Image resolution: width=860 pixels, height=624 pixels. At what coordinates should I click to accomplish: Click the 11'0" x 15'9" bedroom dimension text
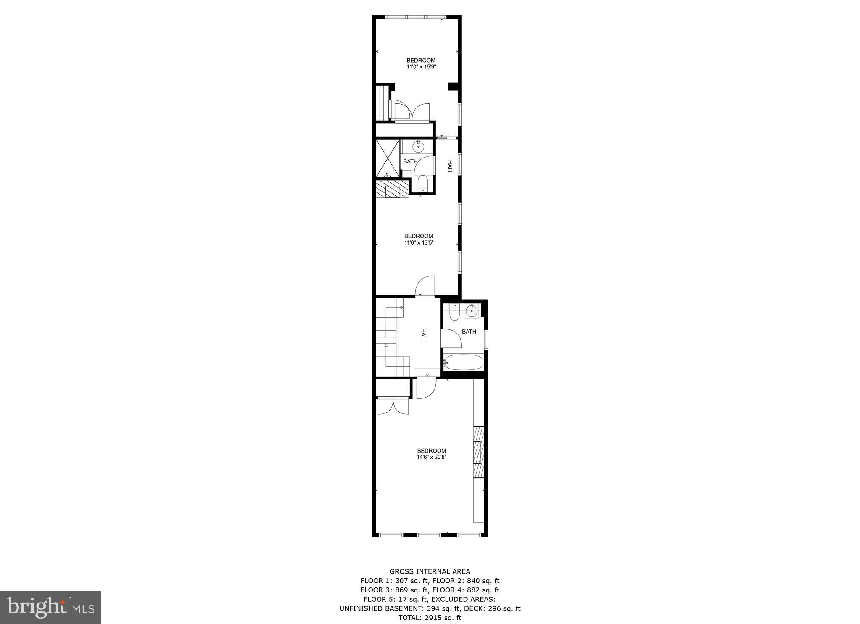(421, 66)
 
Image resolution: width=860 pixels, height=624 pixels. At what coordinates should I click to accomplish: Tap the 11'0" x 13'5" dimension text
(418, 242)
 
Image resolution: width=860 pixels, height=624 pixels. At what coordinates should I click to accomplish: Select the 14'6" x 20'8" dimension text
(431, 457)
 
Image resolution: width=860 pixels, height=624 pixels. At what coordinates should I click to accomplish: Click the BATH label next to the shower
(410, 161)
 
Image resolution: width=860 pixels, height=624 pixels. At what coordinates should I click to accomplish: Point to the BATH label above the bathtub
(469, 332)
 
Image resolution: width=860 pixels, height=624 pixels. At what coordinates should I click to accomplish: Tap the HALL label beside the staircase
(423, 335)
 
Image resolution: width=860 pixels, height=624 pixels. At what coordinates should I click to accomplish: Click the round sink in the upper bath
(418, 147)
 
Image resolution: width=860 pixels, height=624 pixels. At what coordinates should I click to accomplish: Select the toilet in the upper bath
(422, 183)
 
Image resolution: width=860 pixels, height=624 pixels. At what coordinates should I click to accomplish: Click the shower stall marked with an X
(388, 158)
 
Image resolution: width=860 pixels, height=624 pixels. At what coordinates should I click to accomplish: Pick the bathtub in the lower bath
(464, 362)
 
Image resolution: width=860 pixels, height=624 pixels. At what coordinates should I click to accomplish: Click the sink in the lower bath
(472, 311)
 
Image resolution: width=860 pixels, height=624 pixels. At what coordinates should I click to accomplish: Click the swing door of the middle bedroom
(425, 287)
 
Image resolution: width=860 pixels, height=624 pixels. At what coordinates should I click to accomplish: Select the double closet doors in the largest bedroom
(393, 406)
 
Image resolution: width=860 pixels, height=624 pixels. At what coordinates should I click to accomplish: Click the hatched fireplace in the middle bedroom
(392, 189)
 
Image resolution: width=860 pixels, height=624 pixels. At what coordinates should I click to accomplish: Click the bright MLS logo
(51, 607)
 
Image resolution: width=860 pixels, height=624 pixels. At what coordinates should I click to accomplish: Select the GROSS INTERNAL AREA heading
(430, 571)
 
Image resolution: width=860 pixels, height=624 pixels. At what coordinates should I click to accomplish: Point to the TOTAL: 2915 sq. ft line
(430, 618)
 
